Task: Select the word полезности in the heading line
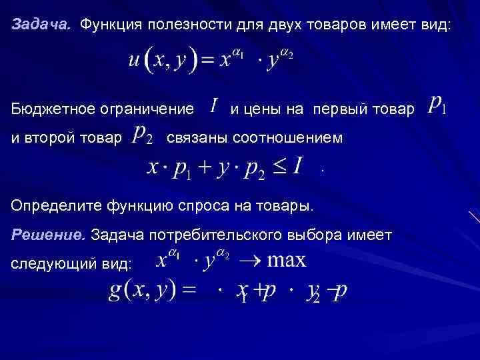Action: (190, 25)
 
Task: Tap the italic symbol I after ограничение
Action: (213, 105)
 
